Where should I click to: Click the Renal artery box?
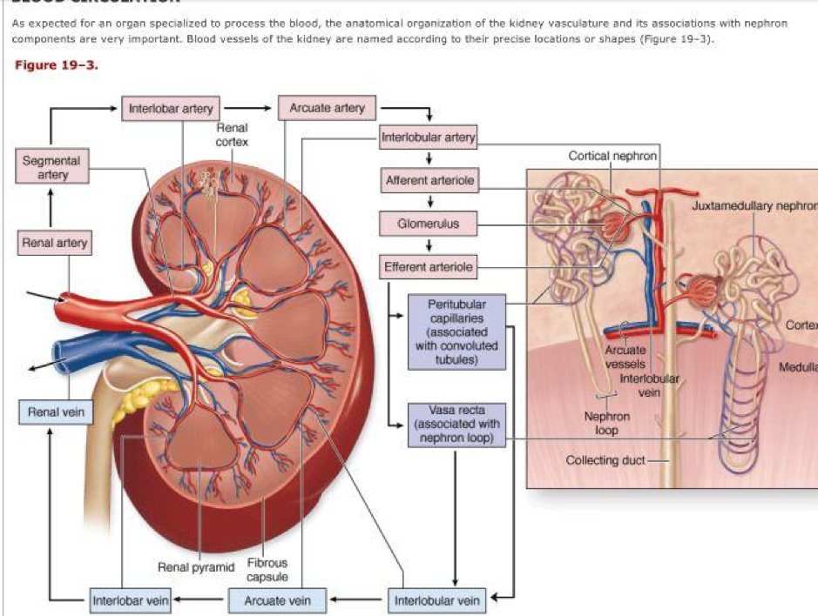point(54,243)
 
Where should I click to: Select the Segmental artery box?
point(51,168)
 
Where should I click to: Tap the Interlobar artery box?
point(171,109)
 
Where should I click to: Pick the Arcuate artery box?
point(328,109)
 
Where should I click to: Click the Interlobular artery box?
point(429,137)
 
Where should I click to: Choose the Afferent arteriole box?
point(429,181)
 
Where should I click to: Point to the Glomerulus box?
point(429,224)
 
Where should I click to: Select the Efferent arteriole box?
point(429,267)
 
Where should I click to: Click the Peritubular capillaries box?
point(456,333)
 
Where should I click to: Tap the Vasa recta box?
point(456,424)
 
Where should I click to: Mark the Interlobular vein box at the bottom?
point(436,599)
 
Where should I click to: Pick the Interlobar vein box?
point(131,599)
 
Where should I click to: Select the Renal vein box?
point(52,412)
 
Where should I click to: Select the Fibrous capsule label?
point(267,570)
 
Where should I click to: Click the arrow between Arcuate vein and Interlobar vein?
point(199,599)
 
